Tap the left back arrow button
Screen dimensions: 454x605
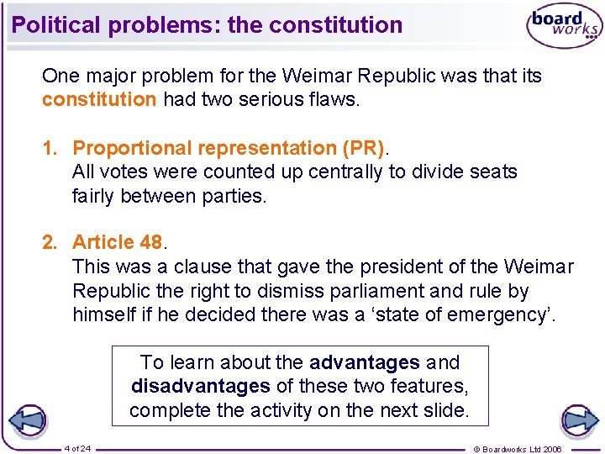click(x=26, y=420)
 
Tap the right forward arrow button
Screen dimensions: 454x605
click(x=579, y=420)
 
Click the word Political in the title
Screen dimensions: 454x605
click(x=55, y=25)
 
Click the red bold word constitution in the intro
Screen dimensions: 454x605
click(x=99, y=100)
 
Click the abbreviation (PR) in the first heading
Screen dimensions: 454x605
click(x=362, y=148)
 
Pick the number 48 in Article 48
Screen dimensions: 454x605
click(x=151, y=242)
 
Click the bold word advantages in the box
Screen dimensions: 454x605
click(x=365, y=362)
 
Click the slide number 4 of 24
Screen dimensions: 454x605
click(x=77, y=447)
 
